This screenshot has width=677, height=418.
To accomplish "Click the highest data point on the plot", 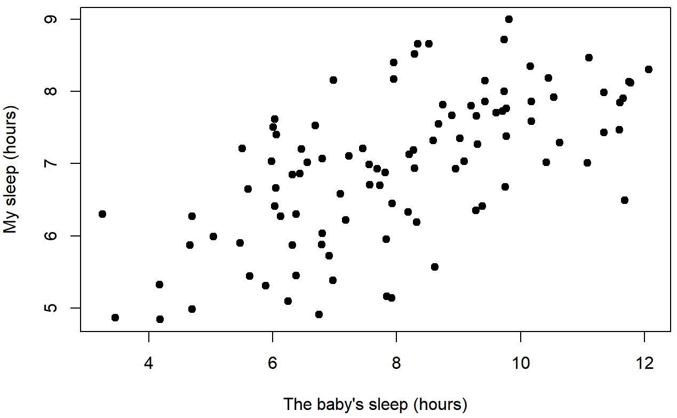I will click(509, 19).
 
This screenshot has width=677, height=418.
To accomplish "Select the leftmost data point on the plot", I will click(102, 214).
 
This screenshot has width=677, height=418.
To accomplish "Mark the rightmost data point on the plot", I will click(649, 69).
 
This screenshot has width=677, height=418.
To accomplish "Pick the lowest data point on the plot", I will click(160, 319).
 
